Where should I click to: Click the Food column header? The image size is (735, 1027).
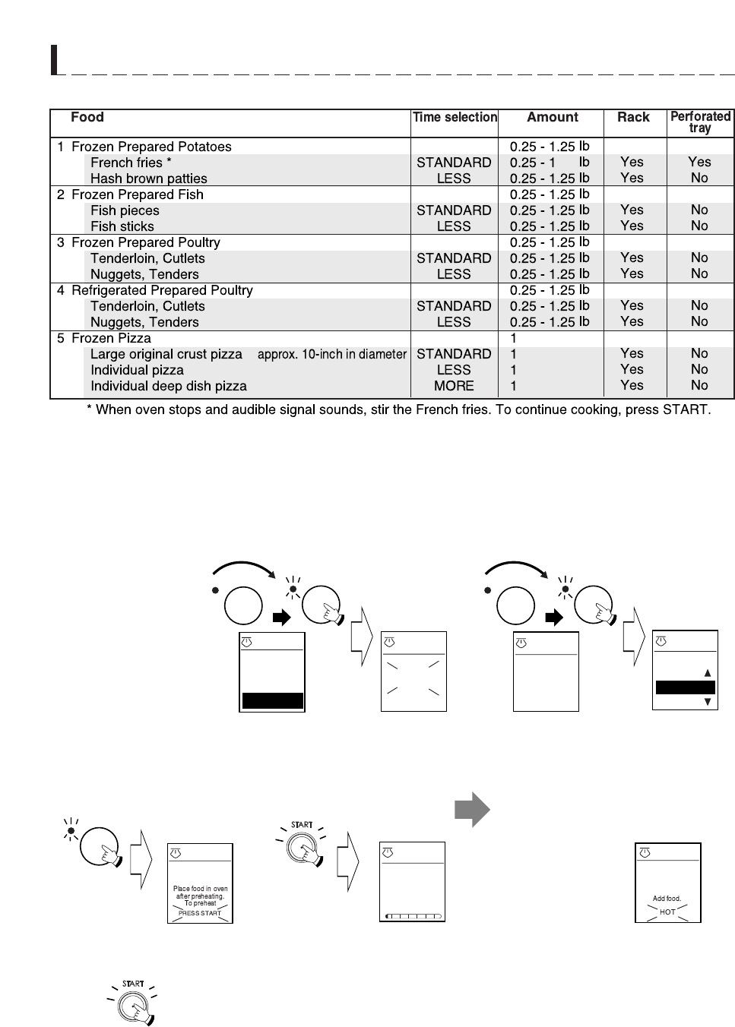(x=87, y=117)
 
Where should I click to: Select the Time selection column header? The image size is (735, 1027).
(x=455, y=117)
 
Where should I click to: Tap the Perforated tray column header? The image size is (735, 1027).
(x=700, y=122)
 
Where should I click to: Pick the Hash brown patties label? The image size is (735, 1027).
(x=148, y=179)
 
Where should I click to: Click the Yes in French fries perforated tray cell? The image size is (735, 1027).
(x=699, y=162)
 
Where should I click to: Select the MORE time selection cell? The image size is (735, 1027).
(x=454, y=386)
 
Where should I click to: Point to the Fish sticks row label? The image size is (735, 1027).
(x=122, y=226)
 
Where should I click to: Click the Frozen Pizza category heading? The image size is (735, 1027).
(x=110, y=338)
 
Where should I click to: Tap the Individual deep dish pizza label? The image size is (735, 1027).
(x=168, y=386)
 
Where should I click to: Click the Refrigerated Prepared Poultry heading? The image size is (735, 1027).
(x=161, y=290)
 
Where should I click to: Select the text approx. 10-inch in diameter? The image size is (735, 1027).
(x=332, y=354)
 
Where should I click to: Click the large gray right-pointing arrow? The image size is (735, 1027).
(x=472, y=810)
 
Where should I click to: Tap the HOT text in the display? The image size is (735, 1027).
(x=667, y=912)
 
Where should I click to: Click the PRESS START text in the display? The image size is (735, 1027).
(x=199, y=913)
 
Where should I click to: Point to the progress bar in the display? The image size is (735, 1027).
(x=413, y=916)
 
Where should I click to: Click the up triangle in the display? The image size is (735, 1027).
(x=708, y=673)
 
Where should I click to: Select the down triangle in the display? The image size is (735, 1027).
(x=708, y=703)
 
